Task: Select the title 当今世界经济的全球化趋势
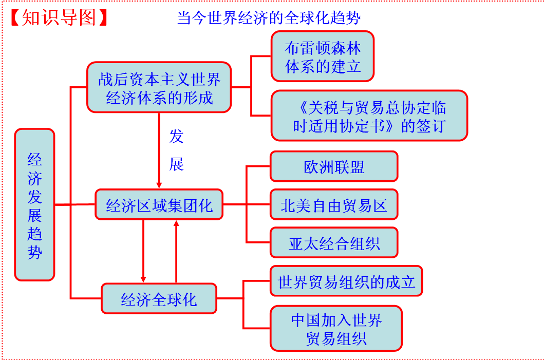(269, 18)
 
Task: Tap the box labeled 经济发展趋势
(34, 204)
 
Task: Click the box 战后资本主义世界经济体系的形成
(159, 87)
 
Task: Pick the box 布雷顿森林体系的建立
(323, 56)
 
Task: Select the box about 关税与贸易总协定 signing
(369, 116)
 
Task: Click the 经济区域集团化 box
(159, 205)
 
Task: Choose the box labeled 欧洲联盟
(334, 166)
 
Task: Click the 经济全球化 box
(159, 298)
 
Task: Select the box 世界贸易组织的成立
(346, 281)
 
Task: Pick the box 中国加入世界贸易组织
(336, 329)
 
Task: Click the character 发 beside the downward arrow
(176, 136)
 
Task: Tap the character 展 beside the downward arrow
(176, 164)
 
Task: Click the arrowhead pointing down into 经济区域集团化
(159, 184)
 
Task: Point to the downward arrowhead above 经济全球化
(143, 279)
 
